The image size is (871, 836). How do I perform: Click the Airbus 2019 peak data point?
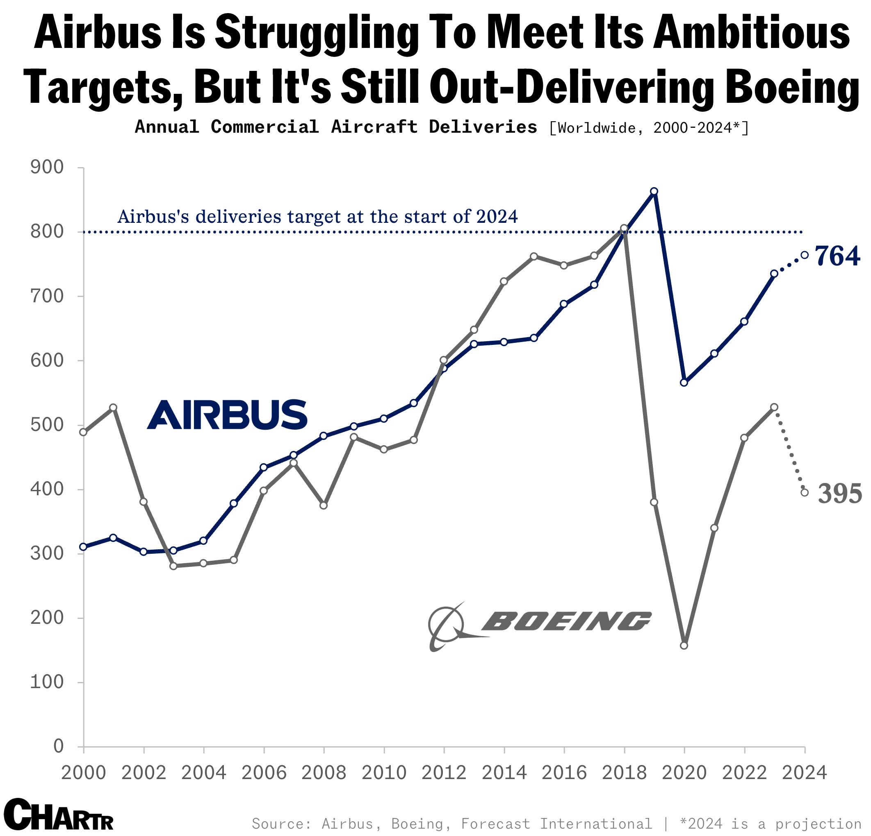654,191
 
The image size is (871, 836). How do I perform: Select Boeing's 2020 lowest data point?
684,646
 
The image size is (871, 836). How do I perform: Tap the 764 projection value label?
837,256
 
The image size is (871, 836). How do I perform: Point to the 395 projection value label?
839,494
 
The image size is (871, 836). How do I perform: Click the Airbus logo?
227,414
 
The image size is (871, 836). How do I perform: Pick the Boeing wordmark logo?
565,621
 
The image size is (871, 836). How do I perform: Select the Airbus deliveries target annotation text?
317,217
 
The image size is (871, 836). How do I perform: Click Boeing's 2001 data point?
113,408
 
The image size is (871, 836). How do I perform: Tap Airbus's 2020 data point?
684,383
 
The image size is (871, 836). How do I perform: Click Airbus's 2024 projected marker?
804,255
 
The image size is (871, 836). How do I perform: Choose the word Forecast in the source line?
495,824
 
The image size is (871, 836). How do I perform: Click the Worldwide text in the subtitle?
596,128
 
